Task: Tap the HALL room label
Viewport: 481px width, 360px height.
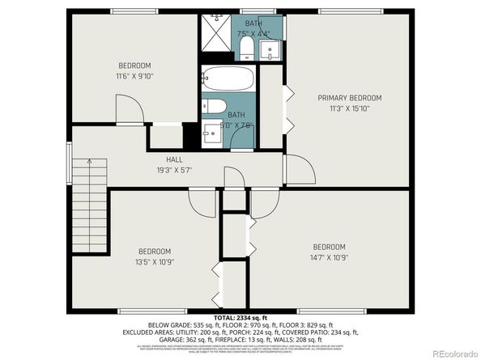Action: tap(173, 159)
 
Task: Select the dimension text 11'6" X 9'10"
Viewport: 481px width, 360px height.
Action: tap(135, 76)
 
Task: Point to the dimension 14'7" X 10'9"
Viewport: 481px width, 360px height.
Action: tap(330, 257)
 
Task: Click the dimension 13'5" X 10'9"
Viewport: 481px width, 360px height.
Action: tap(153, 261)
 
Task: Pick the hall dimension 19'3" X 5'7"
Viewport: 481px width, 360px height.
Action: tap(173, 170)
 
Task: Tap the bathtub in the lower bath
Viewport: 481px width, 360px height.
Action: tap(228, 81)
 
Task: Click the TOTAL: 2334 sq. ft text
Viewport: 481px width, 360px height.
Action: tap(240, 317)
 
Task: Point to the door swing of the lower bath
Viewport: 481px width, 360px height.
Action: tap(242, 139)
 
